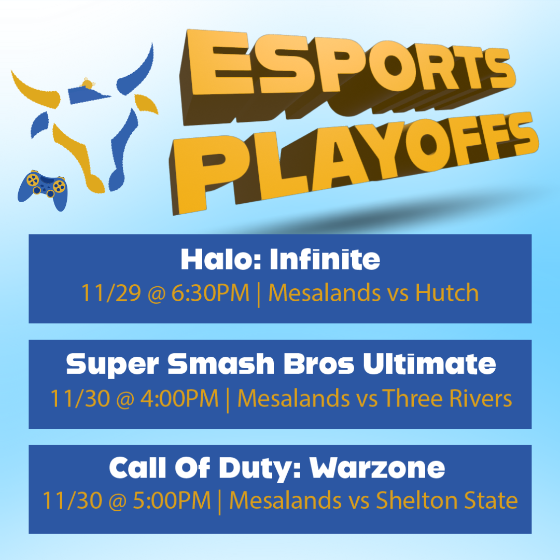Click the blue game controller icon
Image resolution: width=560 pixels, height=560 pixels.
[x=43, y=189]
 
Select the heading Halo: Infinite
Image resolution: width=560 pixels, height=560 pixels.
[x=281, y=259]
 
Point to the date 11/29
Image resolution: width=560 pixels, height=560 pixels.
[x=111, y=293]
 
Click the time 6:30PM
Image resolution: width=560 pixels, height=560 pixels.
[x=211, y=293]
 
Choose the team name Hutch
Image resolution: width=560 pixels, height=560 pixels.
[x=447, y=293]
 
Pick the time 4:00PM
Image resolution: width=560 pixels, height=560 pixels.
[x=179, y=398]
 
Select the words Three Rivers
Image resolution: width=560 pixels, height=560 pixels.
[x=447, y=398]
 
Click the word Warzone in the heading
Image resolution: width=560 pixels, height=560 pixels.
[x=377, y=468]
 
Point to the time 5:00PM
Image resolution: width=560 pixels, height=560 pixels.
[x=172, y=500]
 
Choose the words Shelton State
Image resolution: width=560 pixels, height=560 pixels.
[x=447, y=500]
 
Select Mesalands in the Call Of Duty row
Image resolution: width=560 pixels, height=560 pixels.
[x=285, y=500]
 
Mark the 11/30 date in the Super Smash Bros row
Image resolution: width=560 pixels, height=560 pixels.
[x=80, y=398]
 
